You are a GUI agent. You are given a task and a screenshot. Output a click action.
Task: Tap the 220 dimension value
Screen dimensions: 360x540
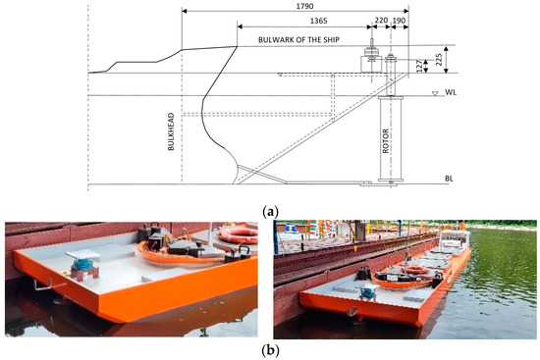pos(381,19)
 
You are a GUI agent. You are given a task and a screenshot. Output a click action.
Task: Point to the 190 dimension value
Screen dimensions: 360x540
pos(399,19)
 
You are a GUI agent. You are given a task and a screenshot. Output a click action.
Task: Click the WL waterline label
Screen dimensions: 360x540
pos(452,94)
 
